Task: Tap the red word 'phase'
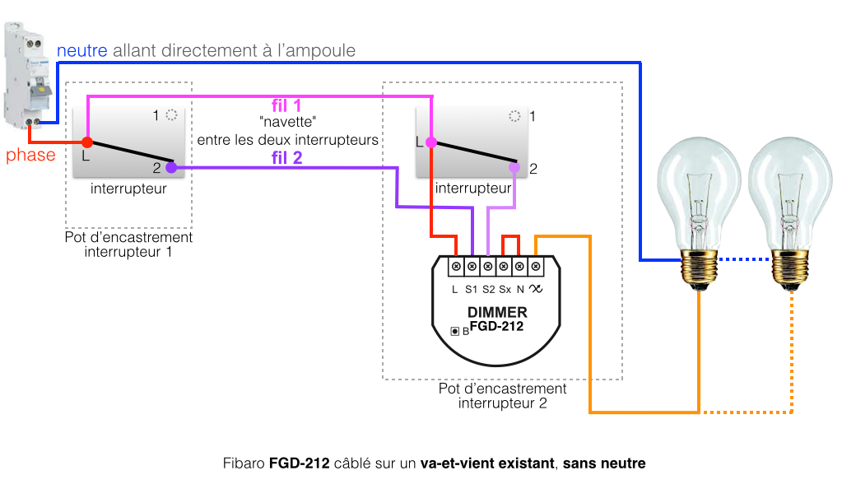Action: (30, 155)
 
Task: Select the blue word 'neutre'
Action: (81, 51)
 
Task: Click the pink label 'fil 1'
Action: (286, 105)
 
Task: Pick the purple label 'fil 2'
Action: (286, 158)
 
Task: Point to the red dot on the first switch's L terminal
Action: (87, 142)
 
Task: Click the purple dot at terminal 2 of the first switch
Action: (171, 167)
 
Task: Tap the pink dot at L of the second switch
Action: (430, 142)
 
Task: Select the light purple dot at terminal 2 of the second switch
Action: (514, 167)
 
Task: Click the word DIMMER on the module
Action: (497, 313)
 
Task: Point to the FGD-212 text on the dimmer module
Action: (496, 326)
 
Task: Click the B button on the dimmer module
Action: (454, 331)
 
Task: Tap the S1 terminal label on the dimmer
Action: (472, 289)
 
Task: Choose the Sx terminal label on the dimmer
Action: (505, 289)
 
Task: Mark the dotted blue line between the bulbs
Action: (745, 260)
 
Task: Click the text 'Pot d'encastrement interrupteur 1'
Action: (128, 244)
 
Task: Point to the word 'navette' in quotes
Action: (287, 122)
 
